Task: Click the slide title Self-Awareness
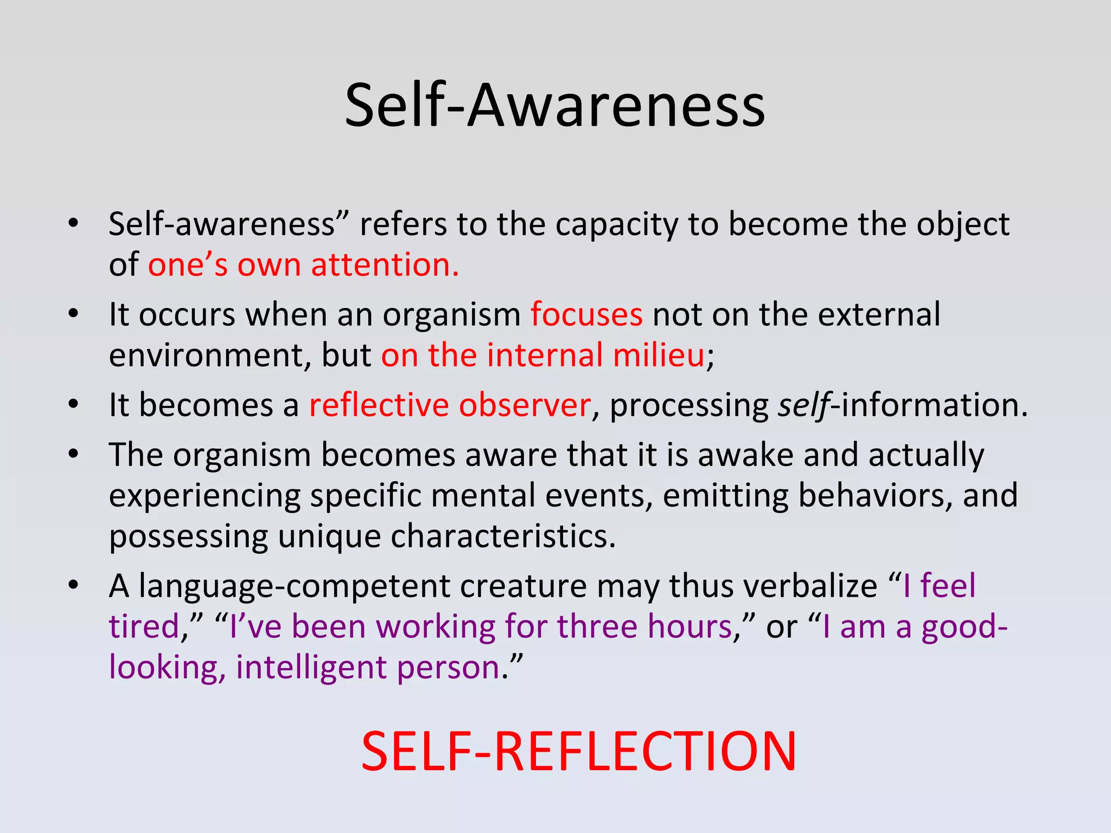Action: [554, 106]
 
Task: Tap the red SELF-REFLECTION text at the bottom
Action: [578, 752]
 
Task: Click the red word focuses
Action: [586, 315]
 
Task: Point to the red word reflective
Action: [379, 405]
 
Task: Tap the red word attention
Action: [385, 265]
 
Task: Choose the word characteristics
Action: [503, 537]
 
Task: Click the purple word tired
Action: [144, 627]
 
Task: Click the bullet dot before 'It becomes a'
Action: [74, 405]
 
